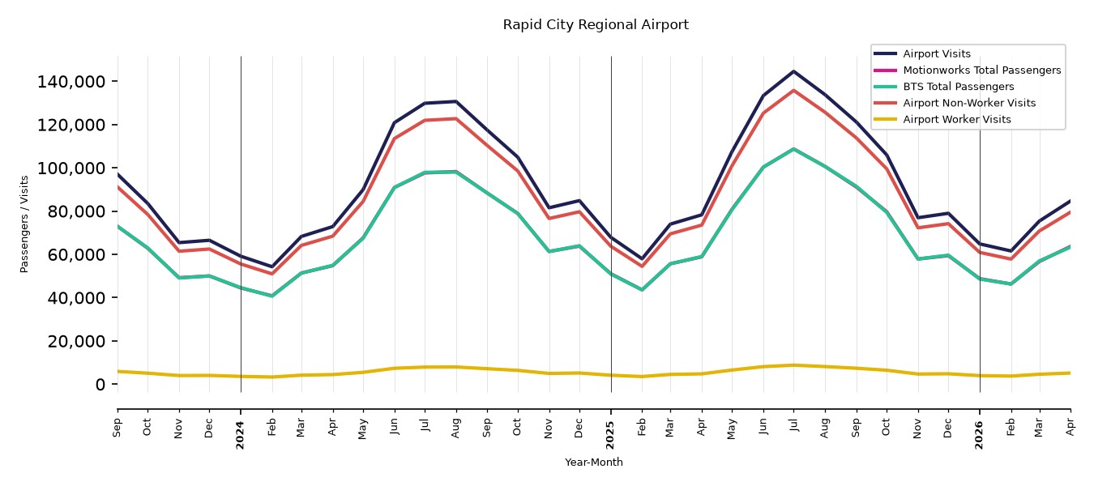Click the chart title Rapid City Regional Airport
coord(596,24)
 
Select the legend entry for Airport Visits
coord(936,53)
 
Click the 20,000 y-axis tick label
coord(76,341)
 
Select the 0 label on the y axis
coord(100,385)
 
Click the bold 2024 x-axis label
coord(240,435)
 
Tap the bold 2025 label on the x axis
coord(610,435)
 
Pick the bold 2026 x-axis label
coord(979,435)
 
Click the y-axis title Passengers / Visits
coord(24,224)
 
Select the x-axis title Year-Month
coord(594,462)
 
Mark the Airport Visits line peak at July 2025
coord(793,71)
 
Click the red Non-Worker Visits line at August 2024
coord(456,118)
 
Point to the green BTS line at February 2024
coord(271,296)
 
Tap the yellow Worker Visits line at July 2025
coord(793,365)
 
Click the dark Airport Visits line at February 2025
coord(642,258)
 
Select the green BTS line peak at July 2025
coord(793,149)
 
